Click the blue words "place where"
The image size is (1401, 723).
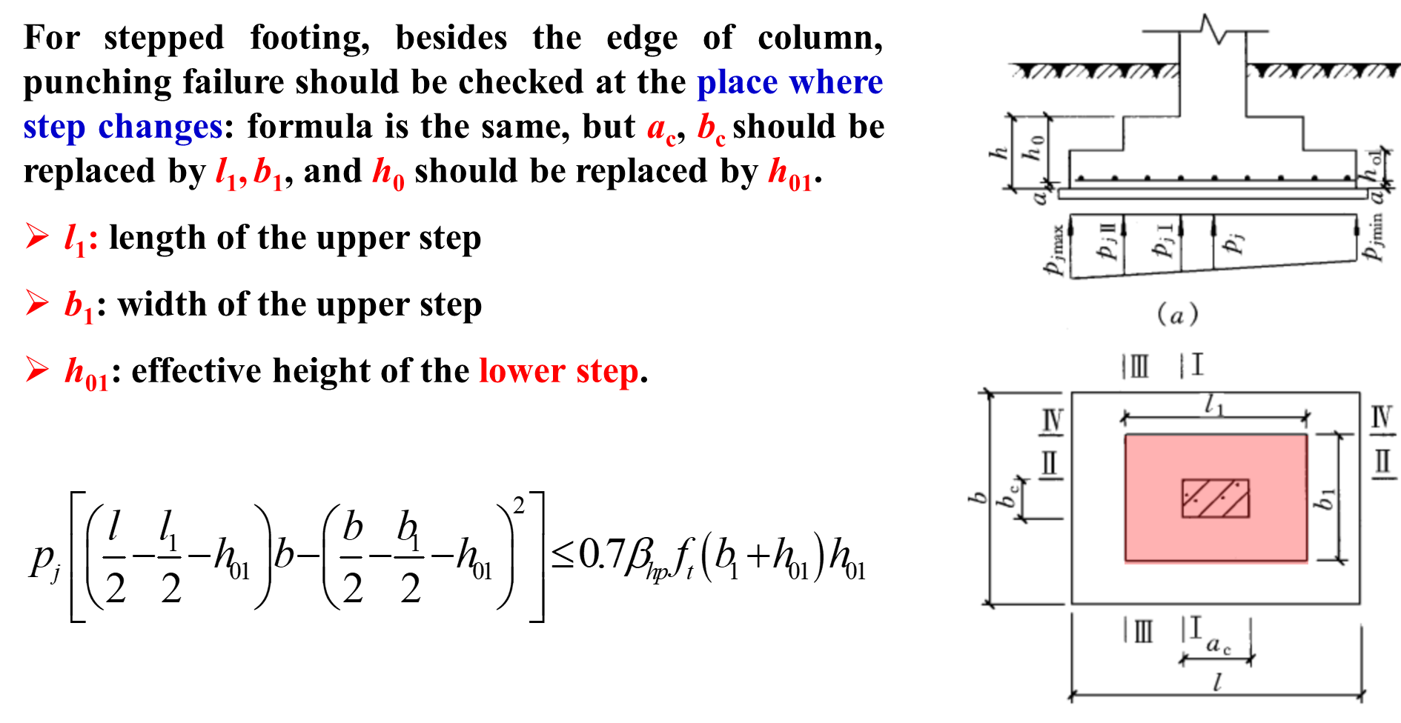(x=789, y=82)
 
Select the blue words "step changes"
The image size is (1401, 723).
(x=122, y=127)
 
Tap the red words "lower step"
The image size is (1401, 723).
(x=558, y=371)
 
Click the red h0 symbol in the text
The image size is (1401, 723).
(x=388, y=174)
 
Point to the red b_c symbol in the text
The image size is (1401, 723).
(x=711, y=130)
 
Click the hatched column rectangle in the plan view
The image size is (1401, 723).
(x=1215, y=498)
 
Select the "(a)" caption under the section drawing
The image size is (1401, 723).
(x=1177, y=315)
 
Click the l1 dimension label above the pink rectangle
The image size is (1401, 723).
(x=1213, y=404)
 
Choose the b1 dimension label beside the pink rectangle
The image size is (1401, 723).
(x=1324, y=499)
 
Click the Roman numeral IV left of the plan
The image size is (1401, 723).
(x=1053, y=421)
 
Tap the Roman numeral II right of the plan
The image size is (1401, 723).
(x=1382, y=462)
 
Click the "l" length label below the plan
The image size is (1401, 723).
(x=1216, y=682)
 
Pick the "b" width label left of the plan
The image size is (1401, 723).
(x=978, y=498)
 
